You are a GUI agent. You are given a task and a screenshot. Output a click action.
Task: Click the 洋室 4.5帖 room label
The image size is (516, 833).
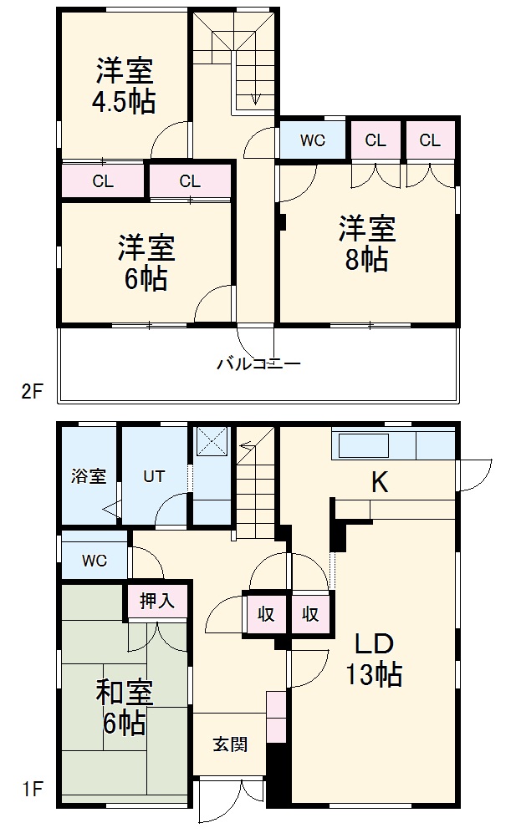pos(123,86)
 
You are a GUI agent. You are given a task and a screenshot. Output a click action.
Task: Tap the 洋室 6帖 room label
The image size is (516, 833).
pos(146,262)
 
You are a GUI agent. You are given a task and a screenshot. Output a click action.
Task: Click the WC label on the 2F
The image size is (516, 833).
pos(312,140)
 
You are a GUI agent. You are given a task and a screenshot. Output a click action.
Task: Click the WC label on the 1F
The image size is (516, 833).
pos(94,561)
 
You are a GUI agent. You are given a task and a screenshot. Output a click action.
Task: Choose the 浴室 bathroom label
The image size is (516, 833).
pos(88,476)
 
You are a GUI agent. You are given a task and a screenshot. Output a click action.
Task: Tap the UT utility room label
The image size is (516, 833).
pos(153,477)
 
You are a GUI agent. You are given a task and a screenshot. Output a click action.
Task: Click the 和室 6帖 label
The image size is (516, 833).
pos(123,707)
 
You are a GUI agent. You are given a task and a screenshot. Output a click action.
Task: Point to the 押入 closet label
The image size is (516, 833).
pos(156,600)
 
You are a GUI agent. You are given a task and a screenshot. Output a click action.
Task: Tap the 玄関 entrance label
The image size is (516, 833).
pos(229,744)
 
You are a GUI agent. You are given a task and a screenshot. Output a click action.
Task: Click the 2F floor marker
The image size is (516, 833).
pos(31,391)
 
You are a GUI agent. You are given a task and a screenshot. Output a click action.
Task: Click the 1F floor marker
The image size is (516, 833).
pos(31,790)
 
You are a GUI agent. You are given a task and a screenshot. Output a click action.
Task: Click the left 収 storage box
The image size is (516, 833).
pos(266,614)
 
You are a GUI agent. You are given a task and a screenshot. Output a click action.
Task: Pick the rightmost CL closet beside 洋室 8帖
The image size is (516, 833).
pos(430,140)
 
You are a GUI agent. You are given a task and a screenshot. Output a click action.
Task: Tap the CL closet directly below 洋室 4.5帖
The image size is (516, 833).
pos(103,180)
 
